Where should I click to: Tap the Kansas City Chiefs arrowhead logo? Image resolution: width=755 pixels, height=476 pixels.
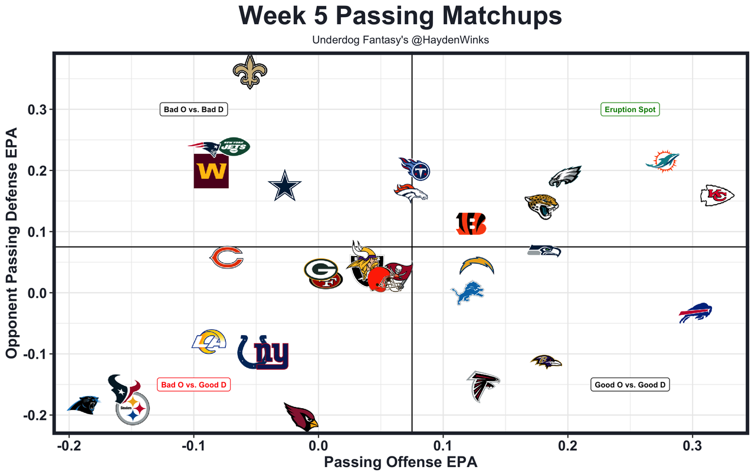pyautogui.click(x=717, y=195)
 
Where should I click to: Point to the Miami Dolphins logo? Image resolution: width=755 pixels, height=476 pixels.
pyautogui.click(x=662, y=161)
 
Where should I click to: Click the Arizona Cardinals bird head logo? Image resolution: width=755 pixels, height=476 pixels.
pyautogui.click(x=301, y=416)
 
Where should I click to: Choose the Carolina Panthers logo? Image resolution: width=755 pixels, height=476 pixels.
pyautogui.click(x=84, y=405)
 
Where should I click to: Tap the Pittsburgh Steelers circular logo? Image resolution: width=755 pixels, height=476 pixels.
pyautogui.click(x=133, y=408)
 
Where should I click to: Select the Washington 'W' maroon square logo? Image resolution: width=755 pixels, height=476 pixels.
pyautogui.click(x=211, y=171)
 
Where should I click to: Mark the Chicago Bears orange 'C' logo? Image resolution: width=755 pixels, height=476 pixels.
pyautogui.click(x=227, y=258)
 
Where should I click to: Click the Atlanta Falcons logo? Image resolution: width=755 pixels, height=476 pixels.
pyautogui.click(x=484, y=386)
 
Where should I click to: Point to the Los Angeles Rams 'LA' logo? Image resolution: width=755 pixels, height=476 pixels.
pyautogui.click(x=210, y=342)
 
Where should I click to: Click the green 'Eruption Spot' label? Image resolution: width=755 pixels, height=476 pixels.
pyautogui.click(x=630, y=109)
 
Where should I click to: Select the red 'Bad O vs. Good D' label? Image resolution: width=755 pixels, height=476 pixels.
pyautogui.click(x=193, y=385)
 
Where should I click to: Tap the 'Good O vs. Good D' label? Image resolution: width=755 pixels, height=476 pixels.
pyautogui.click(x=630, y=385)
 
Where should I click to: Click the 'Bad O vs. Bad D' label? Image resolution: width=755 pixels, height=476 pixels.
pyautogui.click(x=193, y=109)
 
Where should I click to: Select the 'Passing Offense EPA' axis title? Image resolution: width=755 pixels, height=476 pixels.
pyautogui.click(x=401, y=462)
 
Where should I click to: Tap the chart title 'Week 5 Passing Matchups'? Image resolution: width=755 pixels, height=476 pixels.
pyautogui.click(x=401, y=17)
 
